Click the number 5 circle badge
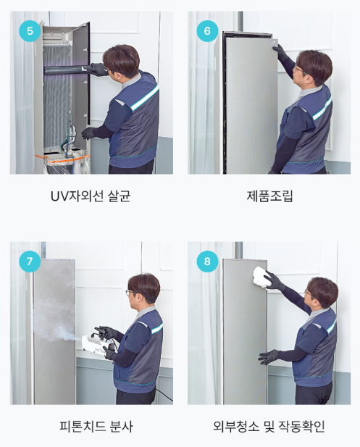[30, 30]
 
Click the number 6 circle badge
[207, 30]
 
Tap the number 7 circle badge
[30, 261]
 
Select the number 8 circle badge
[207, 261]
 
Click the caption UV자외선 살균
[91, 196]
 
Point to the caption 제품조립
[269, 196]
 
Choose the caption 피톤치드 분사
[96, 426]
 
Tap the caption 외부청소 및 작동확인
[269, 426]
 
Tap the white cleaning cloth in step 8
[262, 277]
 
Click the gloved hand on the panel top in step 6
[280, 51]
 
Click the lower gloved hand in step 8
[268, 356]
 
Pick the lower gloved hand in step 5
[89, 133]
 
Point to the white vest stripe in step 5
[144, 98]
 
